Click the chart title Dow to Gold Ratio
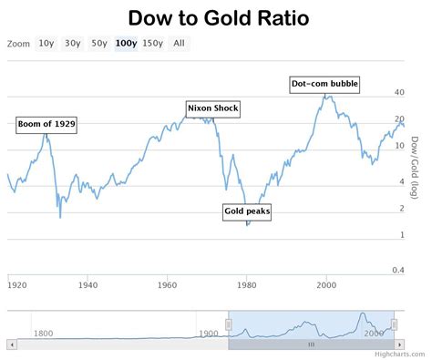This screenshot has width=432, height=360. tap(217, 17)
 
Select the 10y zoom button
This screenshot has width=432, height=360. tap(46, 43)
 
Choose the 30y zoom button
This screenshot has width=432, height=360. tap(72, 43)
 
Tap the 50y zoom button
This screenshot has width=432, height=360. tap(98, 43)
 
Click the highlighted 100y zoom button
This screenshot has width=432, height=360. tap(126, 43)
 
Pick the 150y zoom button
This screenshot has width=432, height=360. tap(153, 43)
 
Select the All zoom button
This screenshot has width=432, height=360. tap(179, 43)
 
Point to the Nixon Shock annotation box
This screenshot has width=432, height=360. tap(212, 108)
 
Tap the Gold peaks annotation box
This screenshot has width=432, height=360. tap(247, 211)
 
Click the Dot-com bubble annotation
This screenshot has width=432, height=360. tap(324, 84)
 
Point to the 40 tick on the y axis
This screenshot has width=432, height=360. tap(399, 93)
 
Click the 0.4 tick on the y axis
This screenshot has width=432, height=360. tap(398, 270)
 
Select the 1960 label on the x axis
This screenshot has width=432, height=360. tap(167, 285)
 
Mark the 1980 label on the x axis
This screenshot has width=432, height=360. tap(246, 285)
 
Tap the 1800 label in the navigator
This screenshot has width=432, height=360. tap(43, 333)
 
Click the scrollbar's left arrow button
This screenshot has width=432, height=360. tap(11, 345)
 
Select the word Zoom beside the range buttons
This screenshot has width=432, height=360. tap(17, 43)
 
